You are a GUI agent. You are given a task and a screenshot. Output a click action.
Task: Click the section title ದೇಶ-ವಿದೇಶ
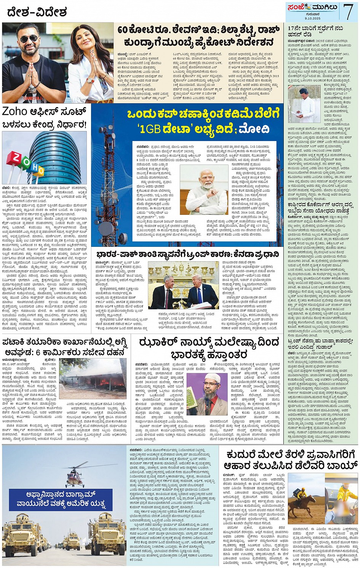tap(37, 12)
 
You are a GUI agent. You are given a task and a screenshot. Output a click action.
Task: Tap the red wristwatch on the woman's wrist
tap(90, 80)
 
